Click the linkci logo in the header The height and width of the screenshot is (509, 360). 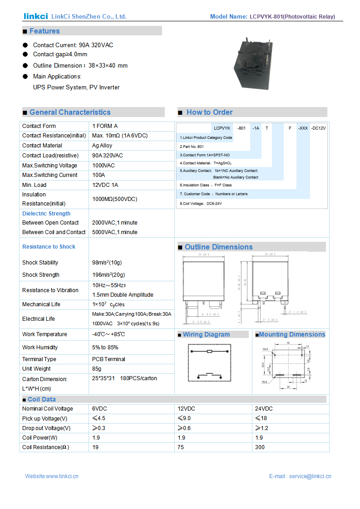tap(35, 16)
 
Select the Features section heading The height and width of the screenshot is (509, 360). tap(44, 31)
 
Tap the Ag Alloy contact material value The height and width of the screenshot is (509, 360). tap(102, 146)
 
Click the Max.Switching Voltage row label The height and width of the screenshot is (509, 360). tap(49, 166)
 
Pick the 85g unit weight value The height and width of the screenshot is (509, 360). tap(97, 369)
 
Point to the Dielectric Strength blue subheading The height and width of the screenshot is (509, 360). tap(46, 214)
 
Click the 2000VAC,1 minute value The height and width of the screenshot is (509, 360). tap(114, 223)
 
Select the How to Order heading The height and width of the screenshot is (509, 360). tap(209, 112)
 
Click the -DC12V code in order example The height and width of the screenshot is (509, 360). tap(318, 128)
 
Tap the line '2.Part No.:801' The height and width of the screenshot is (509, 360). tap(192, 147)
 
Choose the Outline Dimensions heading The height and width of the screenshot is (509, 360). tap(218, 247)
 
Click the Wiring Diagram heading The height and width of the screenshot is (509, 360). tap(206, 334)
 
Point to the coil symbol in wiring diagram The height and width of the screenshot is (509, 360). tap(209, 352)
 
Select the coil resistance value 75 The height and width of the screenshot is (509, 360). tap(181, 447)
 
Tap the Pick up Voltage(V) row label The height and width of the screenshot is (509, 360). tap(44, 418)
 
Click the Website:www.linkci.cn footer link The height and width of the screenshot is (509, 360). tap(52, 476)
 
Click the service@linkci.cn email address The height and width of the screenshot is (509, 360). tap(310, 476)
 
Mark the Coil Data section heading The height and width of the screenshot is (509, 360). tap(41, 399)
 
